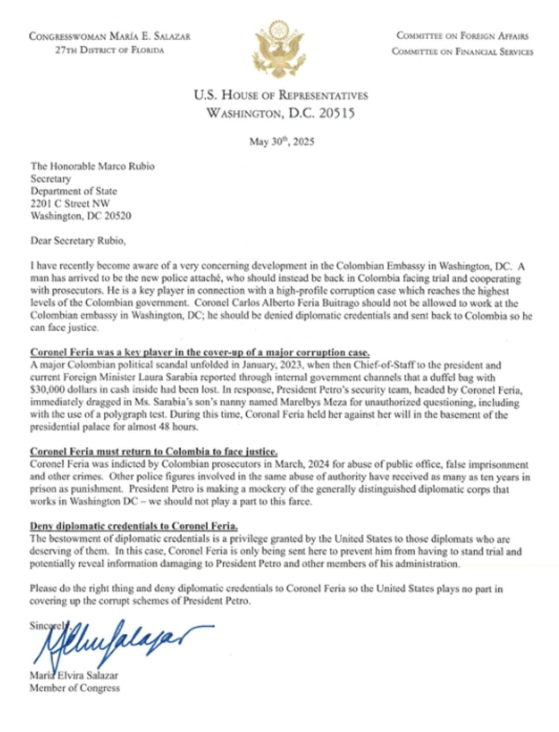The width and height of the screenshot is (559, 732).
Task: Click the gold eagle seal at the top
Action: [278, 49]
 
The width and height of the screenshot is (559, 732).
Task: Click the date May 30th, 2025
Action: [282, 142]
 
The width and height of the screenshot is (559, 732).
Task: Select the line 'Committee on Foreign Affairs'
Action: [462, 36]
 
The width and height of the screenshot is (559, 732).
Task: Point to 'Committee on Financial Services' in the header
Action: [462, 52]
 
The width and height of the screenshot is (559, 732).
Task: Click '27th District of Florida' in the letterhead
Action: [110, 50]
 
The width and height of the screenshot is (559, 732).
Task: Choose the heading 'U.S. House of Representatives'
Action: [281, 95]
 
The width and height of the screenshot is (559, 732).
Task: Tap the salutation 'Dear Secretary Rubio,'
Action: [78, 241]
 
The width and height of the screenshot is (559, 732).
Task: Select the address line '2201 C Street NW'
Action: [70, 203]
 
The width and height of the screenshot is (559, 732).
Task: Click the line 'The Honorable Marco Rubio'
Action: [92, 166]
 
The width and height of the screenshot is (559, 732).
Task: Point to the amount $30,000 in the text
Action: [47, 390]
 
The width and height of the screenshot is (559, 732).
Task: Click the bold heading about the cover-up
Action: [200, 353]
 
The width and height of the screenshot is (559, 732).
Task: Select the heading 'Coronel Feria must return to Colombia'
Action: [154, 452]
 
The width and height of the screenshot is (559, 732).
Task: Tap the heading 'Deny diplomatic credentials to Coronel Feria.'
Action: [134, 526]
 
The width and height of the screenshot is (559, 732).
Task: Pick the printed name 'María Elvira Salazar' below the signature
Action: [74, 675]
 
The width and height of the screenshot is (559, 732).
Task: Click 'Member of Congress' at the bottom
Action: [75, 688]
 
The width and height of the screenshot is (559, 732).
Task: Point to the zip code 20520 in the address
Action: [116, 216]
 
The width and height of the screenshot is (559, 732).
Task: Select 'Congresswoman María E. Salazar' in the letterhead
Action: [110, 36]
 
